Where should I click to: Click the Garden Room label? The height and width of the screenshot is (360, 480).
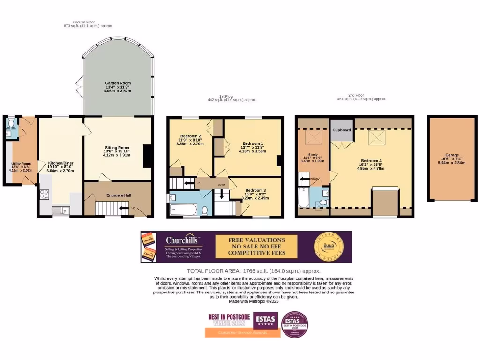click(118, 83)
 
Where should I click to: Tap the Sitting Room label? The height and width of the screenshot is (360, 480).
click(117, 148)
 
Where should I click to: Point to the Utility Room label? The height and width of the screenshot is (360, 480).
click(21, 164)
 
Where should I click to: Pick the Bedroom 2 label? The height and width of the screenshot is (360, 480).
click(190, 136)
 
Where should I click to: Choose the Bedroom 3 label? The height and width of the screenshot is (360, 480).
click(255, 190)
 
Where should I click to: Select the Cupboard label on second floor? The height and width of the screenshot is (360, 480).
click(342, 130)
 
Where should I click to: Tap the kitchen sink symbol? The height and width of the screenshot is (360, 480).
click(60, 210)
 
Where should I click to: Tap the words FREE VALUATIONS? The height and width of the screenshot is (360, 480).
click(256, 240)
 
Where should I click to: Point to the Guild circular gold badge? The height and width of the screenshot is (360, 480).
click(329, 246)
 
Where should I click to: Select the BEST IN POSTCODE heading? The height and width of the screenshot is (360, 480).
click(229, 317)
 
